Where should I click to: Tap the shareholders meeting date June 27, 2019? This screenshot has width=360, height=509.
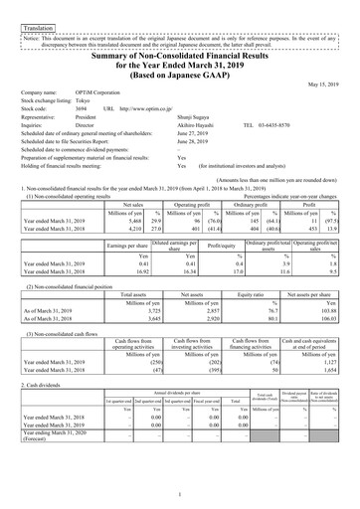coord(195,133)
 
